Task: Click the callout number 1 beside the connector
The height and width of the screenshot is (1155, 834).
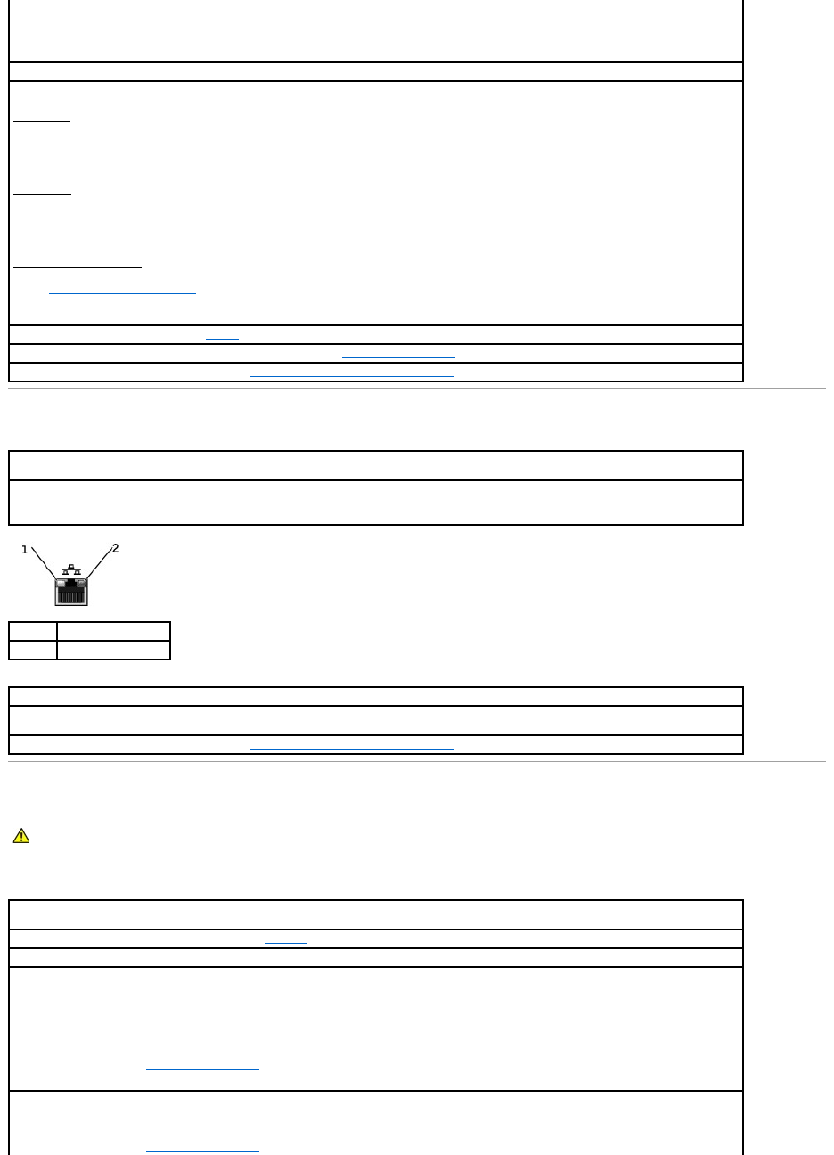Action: [x=24, y=550]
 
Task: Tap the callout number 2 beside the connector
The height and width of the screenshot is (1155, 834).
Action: [x=115, y=547]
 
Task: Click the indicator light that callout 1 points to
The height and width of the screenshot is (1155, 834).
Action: [x=61, y=584]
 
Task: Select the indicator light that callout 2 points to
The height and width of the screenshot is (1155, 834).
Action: [x=81, y=584]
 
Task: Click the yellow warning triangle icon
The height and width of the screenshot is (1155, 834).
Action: [x=21, y=836]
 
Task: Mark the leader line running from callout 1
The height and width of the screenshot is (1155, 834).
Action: [x=43, y=563]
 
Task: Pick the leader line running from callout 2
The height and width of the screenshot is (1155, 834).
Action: [x=98, y=563]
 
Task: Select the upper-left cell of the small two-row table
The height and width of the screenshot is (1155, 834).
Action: [x=33, y=631]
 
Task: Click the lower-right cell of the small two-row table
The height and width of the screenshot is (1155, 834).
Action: [x=113, y=650]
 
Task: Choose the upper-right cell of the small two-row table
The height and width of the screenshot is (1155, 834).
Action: [x=113, y=631]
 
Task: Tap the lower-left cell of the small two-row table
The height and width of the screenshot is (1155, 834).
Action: [x=33, y=650]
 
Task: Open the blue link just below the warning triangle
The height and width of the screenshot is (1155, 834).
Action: [x=147, y=868]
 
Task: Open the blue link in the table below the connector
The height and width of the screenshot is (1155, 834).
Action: [x=352, y=746]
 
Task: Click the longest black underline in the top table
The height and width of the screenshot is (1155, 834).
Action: [x=78, y=266]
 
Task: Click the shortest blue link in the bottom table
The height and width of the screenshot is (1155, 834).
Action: [x=286, y=941]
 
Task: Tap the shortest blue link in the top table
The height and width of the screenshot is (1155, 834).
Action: [x=222, y=338]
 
